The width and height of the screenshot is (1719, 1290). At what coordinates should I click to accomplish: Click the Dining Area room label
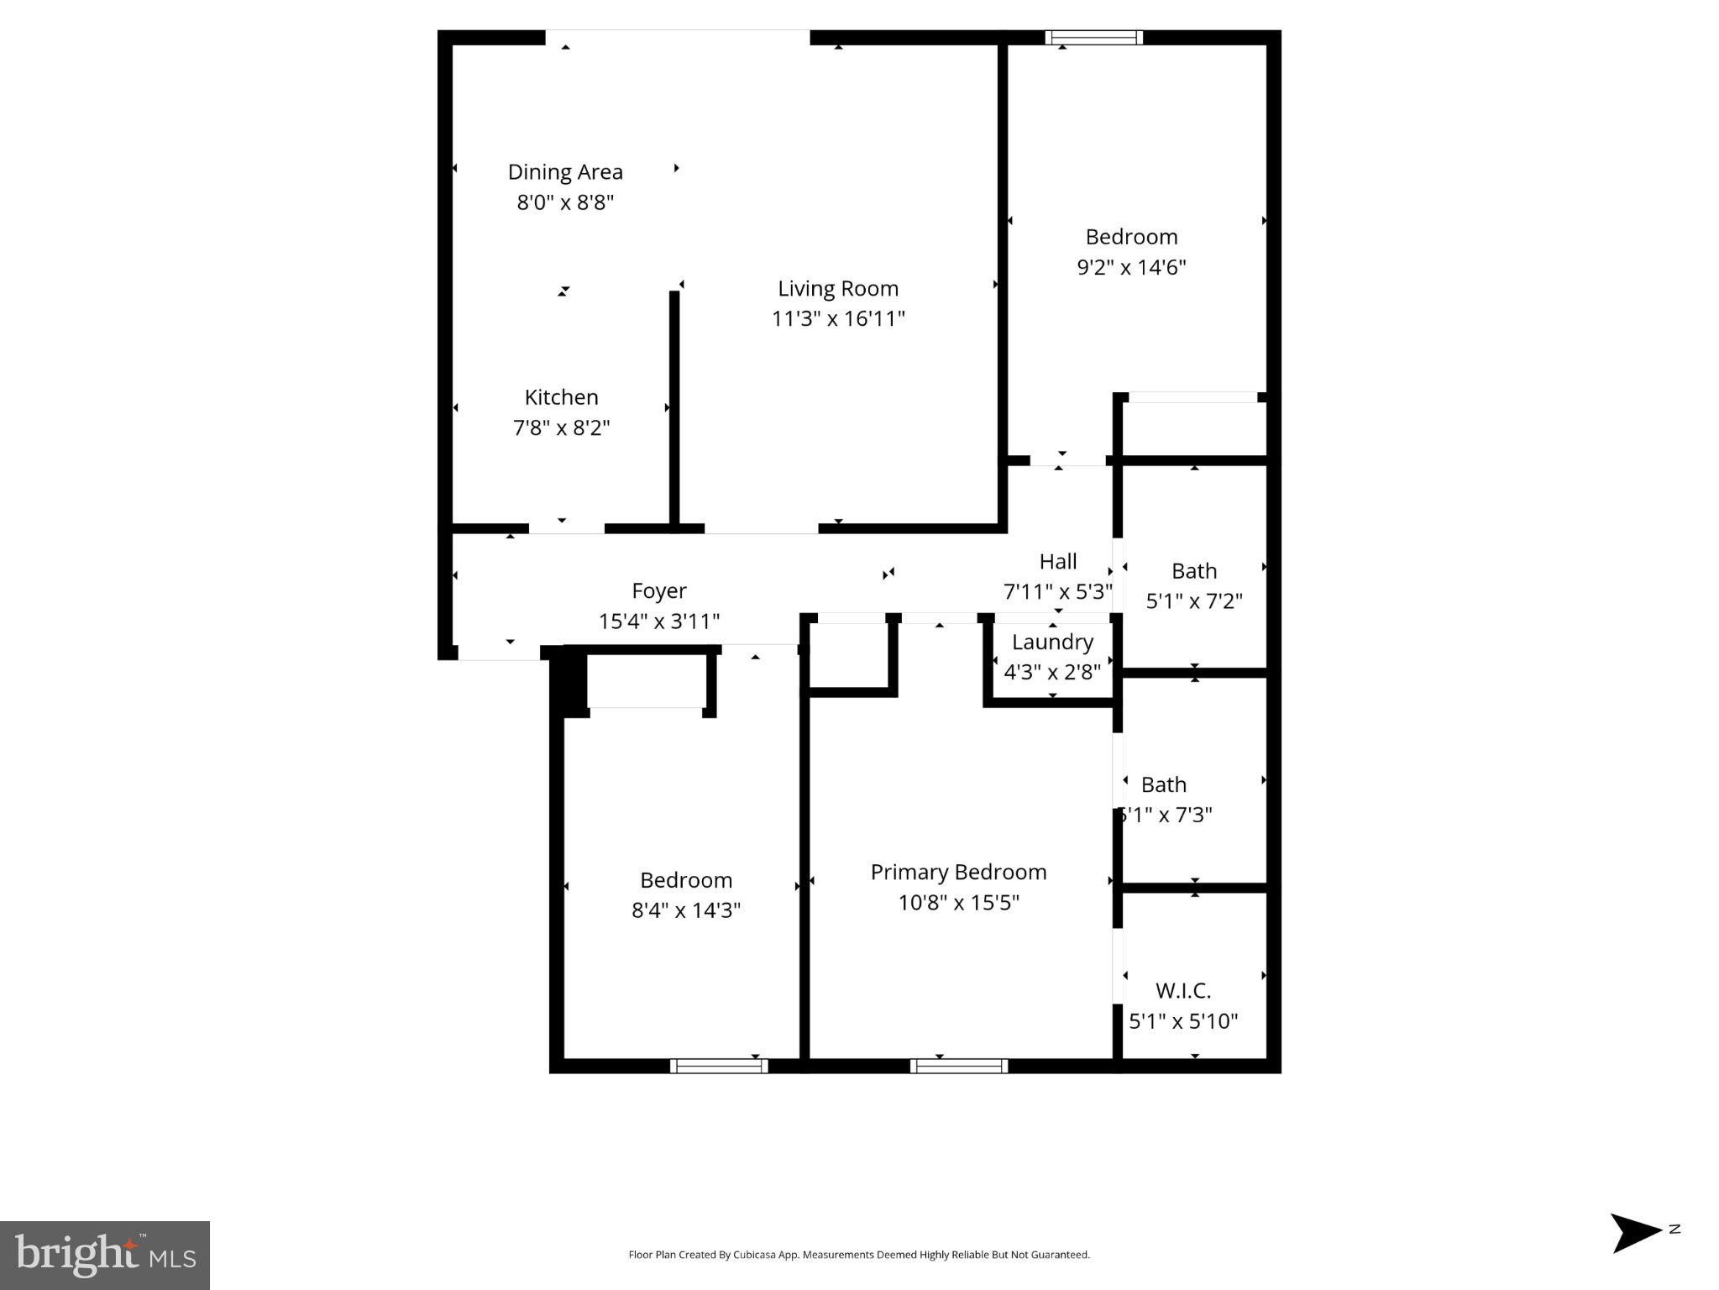pyautogui.click(x=565, y=172)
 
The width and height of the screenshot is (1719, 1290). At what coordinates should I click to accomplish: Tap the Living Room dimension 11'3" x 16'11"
pyautogui.click(x=838, y=319)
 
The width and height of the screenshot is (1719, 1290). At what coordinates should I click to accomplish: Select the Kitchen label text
pyautogui.click(x=561, y=397)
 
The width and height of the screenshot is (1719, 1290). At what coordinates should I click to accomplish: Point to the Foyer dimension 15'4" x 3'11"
pyautogui.click(x=658, y=621)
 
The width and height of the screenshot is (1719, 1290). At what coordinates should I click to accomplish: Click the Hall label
pyautogui.click(x=1057, y=562)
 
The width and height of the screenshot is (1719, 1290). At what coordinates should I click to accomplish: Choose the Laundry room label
pyautogui.click(x=1052, y=642)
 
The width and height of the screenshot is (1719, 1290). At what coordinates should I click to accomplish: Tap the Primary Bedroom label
pyautogui.click(x=958, y=873)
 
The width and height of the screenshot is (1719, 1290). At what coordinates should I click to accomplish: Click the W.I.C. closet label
pyautogui.click(x=1182, y=991)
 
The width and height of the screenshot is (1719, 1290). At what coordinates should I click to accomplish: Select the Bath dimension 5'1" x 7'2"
pyautogui.click(x=1193, y=601)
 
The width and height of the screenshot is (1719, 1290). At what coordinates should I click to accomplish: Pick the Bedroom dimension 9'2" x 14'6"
pyautogui.click(x=1131, y=267)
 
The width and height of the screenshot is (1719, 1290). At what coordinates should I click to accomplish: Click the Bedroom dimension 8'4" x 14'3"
pyautogui.click(x=685, y=910)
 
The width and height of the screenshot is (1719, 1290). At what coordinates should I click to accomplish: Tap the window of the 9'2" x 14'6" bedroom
pyautogui.click(x=1093, y=38)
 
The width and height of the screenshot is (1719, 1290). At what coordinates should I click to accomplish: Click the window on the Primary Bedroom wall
pyautogui.click(x=958, y=1066)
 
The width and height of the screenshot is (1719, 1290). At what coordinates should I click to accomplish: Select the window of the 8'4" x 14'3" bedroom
pyautogui.click(x=719, y=1066)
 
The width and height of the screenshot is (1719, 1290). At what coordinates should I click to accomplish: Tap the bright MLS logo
pyautogui.click(x=105, y=1255)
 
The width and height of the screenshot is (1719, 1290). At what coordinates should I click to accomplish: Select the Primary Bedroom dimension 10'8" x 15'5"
pyautogui.click(x=958, y=903)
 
